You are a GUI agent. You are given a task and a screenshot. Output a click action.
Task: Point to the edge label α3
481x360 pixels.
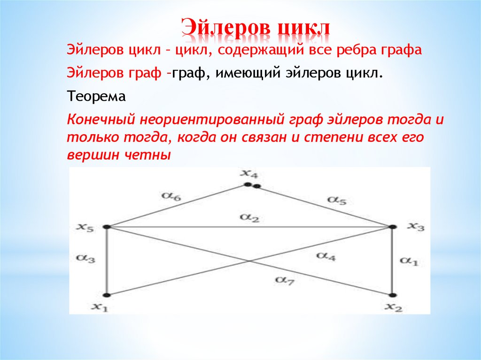[87, 259]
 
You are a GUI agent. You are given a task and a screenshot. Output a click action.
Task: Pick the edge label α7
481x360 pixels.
[284, 280]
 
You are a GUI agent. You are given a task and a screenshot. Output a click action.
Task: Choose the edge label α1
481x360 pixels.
[409, 261]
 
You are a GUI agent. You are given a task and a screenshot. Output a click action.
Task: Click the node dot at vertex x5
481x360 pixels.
[107, 227]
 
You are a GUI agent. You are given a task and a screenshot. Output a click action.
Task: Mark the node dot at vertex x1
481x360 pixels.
[107, 295]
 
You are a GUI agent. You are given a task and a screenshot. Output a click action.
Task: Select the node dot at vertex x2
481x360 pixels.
[392, 295]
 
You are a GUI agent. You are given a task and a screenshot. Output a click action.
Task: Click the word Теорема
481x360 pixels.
[96, 97]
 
